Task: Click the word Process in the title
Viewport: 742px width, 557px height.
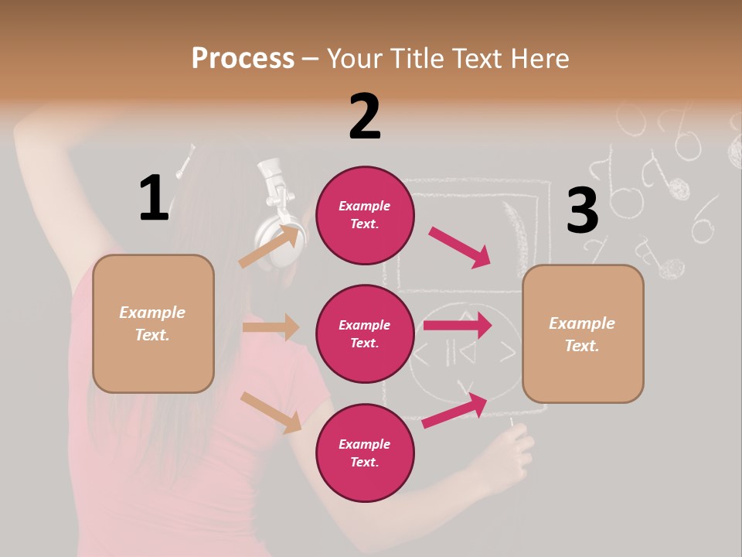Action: pos(243,59)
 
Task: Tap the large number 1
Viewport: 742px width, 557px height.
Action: pos(154,198)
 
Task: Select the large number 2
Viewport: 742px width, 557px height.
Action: pos(365,117)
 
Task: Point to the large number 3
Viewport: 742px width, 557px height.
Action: pos(582,210)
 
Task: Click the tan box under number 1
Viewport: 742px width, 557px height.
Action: pos(153,323)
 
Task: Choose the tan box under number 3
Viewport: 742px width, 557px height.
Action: pos(583,333)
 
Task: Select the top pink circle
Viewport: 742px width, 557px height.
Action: pos(365,215)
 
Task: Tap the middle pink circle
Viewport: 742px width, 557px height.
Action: pos(365,333)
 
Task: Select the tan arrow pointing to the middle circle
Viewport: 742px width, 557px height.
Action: pos(271,327)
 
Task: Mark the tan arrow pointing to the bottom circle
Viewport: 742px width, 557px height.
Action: pos(271,412)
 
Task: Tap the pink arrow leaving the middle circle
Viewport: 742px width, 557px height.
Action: pos(458,326)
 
